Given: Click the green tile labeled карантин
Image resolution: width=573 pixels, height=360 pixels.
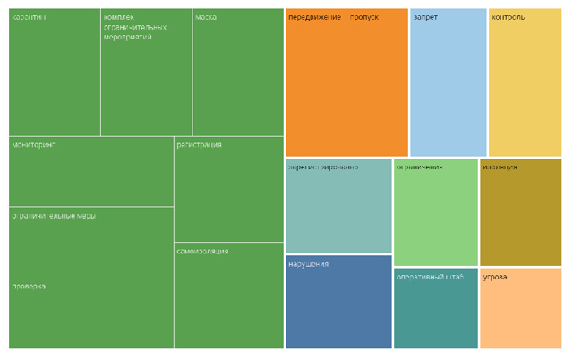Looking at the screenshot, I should pyautogui.click(x=55, y=73).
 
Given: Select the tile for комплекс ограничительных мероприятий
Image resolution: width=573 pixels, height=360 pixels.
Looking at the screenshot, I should pyautogui.click(x=147, y=73).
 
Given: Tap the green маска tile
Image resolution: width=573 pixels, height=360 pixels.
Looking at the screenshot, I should pyautogui.click(x=238, y=73).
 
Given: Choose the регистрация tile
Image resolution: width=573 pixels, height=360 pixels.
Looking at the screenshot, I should pyautogui.click(x=228, y=188).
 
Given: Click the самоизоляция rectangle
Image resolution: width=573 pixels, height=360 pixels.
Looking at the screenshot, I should pyautogui.click(x=228, y=295).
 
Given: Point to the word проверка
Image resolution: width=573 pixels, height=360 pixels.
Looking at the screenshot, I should pyautogui.click(x=29, y=287).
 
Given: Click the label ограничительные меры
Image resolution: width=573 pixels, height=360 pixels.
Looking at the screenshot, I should pyautogui.click(x=53, y=216).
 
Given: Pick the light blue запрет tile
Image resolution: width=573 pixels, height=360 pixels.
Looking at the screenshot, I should pyautogui.click(x=449, y=82).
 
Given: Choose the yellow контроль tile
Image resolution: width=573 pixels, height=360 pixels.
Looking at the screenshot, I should pyautogui.click(x=525, y=82).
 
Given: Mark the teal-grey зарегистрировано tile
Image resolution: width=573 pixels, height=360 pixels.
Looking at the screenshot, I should pyautogui.click(x=338, y=206).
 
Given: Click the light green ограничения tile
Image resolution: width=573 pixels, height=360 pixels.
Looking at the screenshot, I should pyautogui.click(x=436, y=212).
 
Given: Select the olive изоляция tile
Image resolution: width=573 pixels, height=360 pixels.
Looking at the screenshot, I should pyautogui.click(x=520, y=212).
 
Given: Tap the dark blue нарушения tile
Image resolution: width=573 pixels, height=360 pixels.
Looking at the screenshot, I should pyautogui.click(x=338, y=302).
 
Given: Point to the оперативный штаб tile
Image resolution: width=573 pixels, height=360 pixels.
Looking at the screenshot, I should pyautogui.click(x=436, y=308).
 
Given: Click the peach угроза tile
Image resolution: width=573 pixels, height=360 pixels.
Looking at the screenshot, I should pyautogui.click(x=520, y=308).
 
